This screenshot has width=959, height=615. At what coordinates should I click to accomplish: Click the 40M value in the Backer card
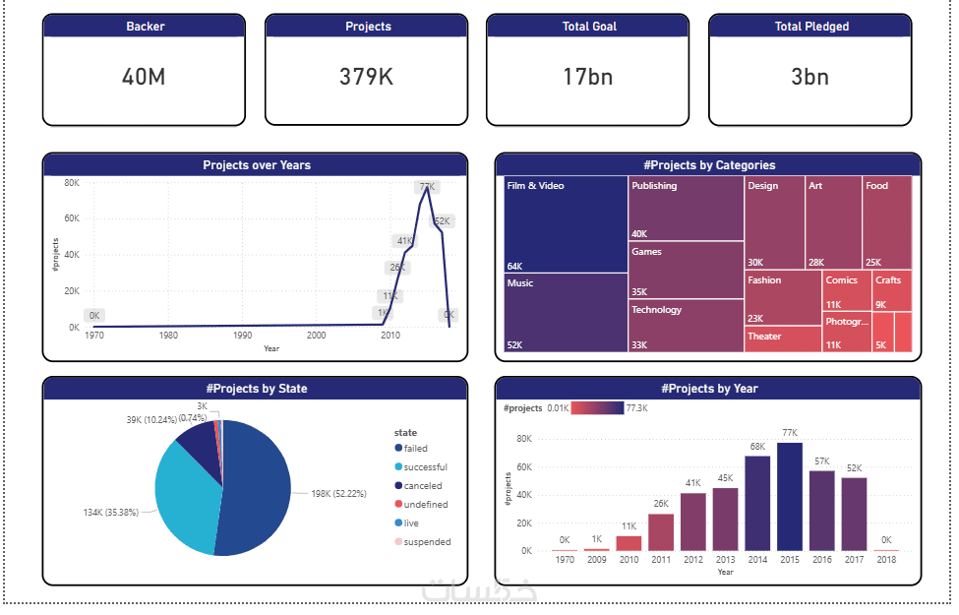(x=144, y=77)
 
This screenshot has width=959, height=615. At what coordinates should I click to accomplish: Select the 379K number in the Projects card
(x=366, y=77)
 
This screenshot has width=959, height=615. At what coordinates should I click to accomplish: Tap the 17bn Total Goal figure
(x=588, y=77)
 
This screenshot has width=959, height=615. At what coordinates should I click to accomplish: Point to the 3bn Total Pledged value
(x=810, y=77)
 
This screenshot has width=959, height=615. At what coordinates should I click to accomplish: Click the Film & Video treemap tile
(x=566, y=224)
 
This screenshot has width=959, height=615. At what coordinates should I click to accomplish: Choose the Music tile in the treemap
(x=566, y=313)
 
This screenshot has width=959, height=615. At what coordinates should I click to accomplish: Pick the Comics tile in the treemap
(x=846, y=290)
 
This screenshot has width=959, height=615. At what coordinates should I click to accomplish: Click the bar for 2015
(x=790, y=496)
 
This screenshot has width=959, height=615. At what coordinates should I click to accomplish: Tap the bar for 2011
(x=661, y=531)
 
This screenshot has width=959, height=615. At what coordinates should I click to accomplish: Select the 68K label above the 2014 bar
(x=757, y=447)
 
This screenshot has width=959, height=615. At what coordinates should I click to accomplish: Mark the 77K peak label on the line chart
(x=427, y=187)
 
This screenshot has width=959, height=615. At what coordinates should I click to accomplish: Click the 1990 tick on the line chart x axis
(x=242, y=336)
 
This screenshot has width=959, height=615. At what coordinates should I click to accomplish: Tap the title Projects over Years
(x=256, y=165)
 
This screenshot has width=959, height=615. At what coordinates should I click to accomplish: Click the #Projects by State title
(x=256, y=389)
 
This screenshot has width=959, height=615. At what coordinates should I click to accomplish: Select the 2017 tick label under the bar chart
(x=854, y=560)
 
